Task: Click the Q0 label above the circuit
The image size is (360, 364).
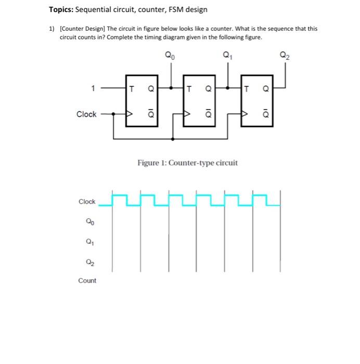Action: coord(170,54)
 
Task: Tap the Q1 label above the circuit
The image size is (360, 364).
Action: coord(226,54)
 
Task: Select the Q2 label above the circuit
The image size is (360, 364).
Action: coord(284,54)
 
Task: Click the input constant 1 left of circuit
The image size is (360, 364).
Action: coord(93,88)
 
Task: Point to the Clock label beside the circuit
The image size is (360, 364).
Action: coord(86,114)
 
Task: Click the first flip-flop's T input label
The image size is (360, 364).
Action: coord(132,88)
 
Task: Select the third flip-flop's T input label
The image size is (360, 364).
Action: coord(246,88)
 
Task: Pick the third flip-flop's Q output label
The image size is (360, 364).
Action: coord(265,88)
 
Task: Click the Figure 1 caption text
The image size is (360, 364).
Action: coord(187,163)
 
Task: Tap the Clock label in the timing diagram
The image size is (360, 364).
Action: coord(87,202)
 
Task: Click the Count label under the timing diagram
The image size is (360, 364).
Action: coord(87,281)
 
